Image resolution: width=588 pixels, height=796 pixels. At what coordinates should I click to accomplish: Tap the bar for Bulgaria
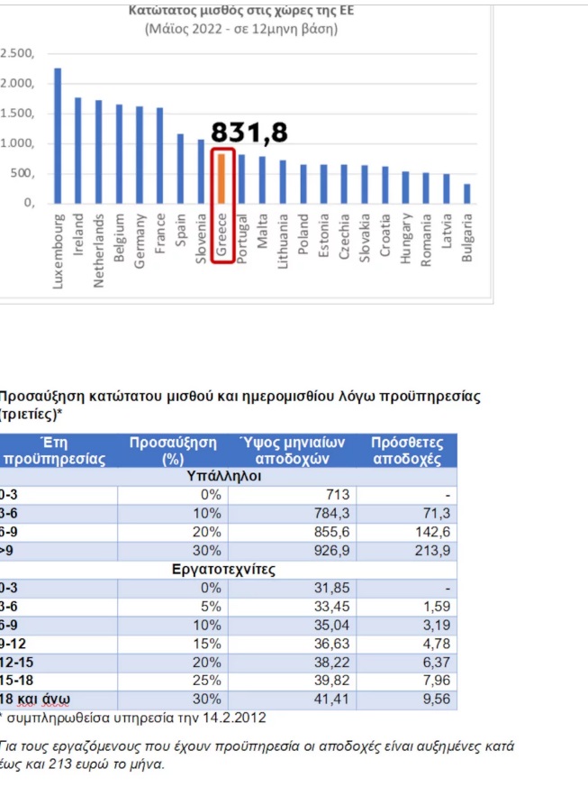click(x=466, y=195)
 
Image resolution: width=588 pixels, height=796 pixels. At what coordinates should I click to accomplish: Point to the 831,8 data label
click(x=249, y=133)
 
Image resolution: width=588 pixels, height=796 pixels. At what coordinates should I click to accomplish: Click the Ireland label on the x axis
click(x=78, y=237)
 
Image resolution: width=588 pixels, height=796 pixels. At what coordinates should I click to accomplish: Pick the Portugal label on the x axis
click(x=242, y=241)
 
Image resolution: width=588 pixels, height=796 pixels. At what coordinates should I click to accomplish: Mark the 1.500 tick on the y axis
click(x=18, y=114)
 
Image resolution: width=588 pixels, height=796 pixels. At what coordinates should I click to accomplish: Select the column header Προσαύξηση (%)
click(x=173, y=450)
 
